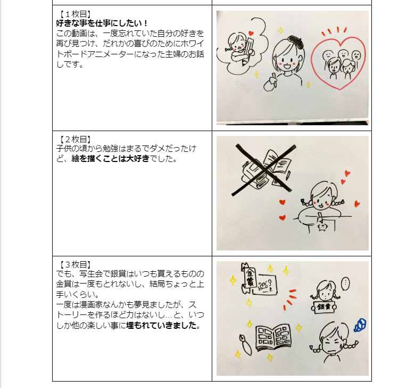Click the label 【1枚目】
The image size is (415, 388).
(x=74, y=14)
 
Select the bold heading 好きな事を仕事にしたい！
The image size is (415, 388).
(x=102, y=23)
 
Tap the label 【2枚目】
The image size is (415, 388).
(x=74, y=140)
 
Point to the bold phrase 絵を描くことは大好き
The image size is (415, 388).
(x=107, y=159)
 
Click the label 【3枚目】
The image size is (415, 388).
(x=74, y=265)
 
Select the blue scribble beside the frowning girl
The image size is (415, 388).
(x=361, y=325)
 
